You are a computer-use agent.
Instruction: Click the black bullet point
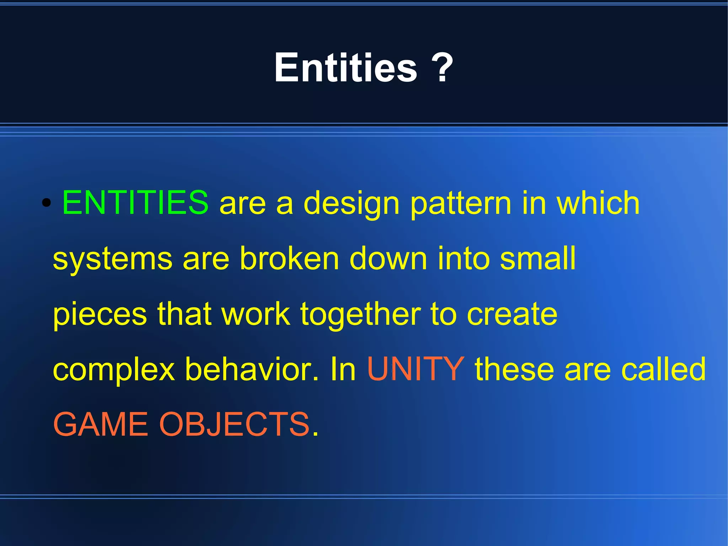(46, 203)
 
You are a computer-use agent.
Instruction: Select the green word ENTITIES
(135, 202)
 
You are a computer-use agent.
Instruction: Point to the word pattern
(461, 204)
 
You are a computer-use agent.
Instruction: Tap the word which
(598, 202)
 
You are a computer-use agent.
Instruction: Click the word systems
(112, 259)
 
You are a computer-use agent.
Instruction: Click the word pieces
(100, 314)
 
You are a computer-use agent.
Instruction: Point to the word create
(512, 314)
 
